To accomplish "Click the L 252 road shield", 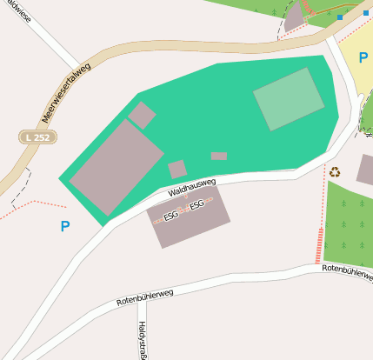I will [37, 137].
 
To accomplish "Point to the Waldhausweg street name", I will [191, 186].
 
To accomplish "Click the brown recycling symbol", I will [335, 171].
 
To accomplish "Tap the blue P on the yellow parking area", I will [363, 57].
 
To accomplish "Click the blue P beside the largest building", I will [64, 227].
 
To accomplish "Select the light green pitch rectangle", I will [289, 98].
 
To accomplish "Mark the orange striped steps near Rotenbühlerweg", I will [319, 246].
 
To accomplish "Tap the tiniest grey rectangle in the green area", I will [218, 157].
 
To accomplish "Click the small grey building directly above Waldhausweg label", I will [177, 169].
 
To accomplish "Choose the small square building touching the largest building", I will [142, 115].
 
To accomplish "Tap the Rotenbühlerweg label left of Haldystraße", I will [144, 297].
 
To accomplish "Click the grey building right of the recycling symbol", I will [365, 170].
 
